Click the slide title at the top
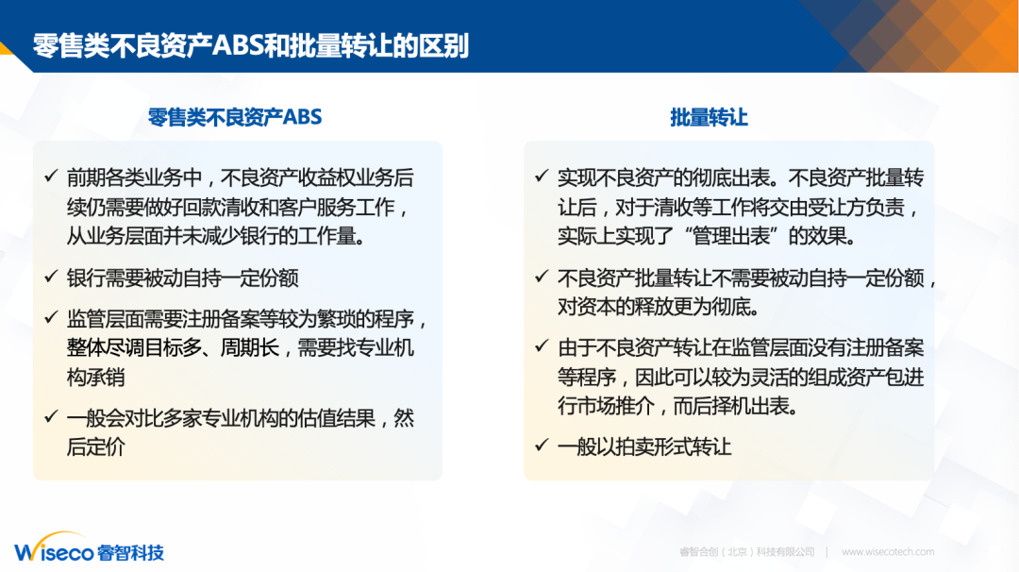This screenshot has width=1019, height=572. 251,45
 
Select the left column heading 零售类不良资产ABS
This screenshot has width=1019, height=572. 235,117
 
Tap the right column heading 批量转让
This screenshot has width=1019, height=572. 709,117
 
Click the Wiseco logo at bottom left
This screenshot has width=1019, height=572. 89,550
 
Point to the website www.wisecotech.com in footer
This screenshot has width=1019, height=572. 888,552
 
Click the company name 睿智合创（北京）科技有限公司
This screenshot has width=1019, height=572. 746,552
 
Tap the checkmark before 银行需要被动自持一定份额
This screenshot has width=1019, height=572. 51,277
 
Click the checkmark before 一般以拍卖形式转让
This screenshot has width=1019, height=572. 542,446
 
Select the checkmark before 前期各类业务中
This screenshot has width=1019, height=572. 51,177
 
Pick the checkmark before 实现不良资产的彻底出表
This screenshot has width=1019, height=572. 542,177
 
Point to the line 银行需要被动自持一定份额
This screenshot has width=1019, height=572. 183,278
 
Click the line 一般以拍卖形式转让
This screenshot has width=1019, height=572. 644,446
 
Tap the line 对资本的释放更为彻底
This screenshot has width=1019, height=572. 659,307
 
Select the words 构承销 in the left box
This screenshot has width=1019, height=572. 95,377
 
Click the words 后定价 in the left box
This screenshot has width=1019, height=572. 95,446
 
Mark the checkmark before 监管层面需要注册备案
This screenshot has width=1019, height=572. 51,318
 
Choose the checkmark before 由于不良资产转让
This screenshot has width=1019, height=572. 542,346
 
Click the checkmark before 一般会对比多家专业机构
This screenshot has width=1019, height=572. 51,416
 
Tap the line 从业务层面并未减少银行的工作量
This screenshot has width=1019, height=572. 216,235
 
